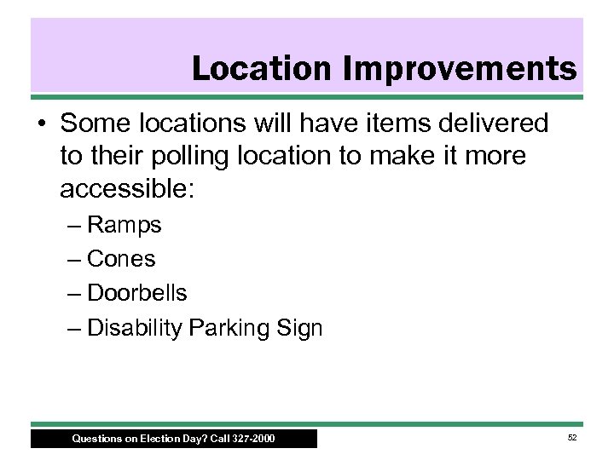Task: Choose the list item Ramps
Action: (125, 226)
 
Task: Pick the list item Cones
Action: (122, 259)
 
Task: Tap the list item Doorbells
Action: (137, 292)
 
